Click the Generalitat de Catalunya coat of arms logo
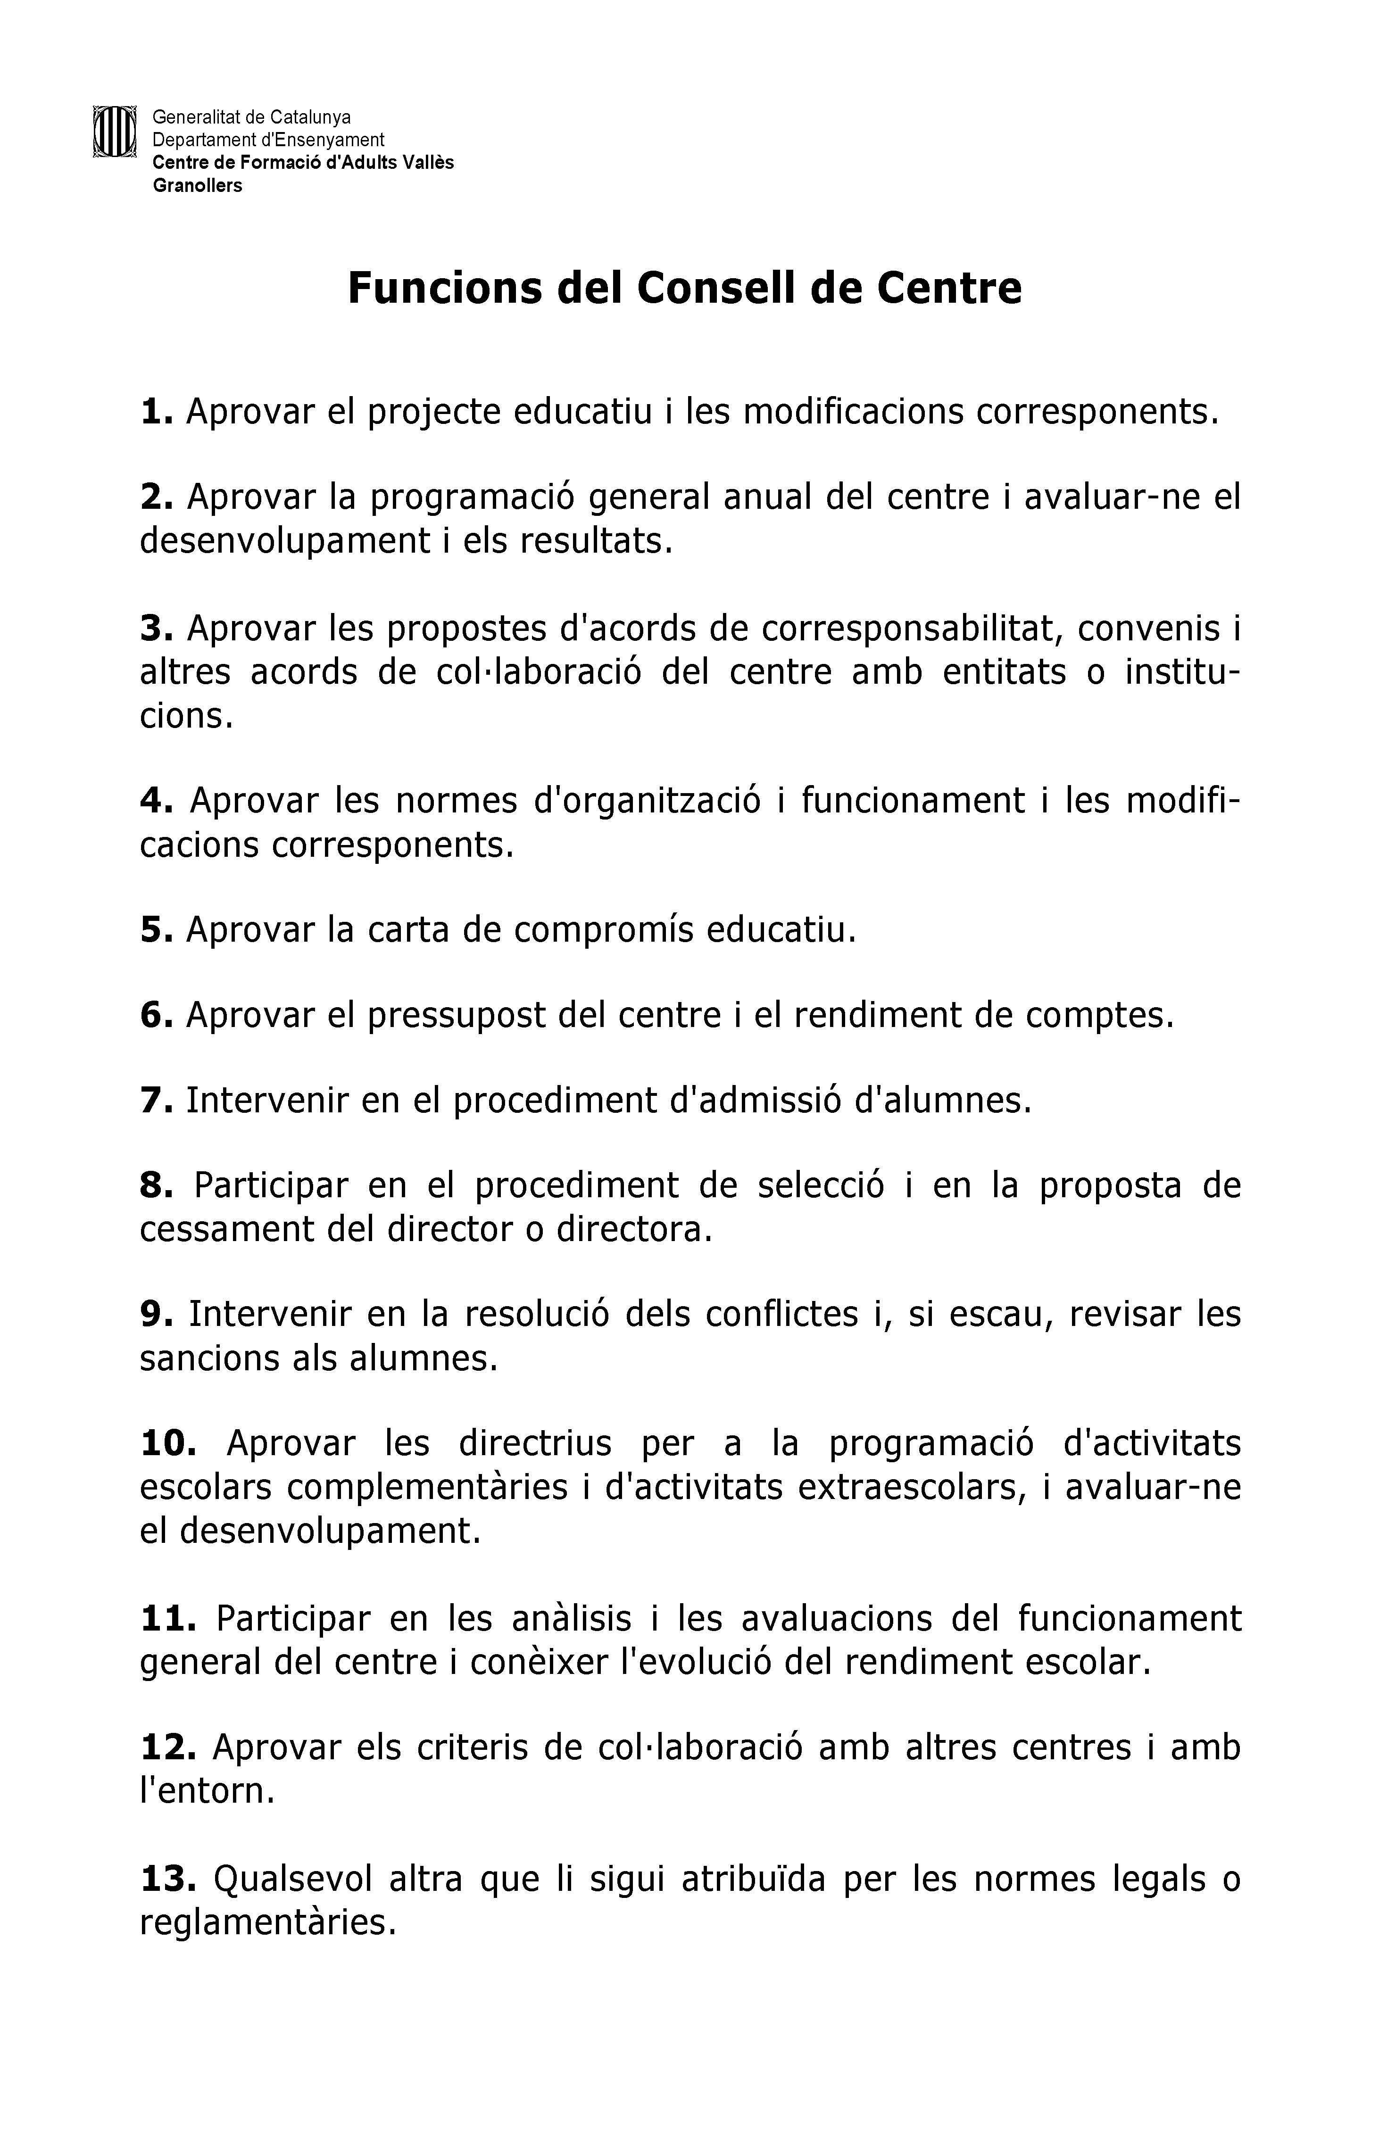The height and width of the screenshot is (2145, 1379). click(114, 132)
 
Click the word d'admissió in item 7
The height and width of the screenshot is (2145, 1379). click(756, 1100)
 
